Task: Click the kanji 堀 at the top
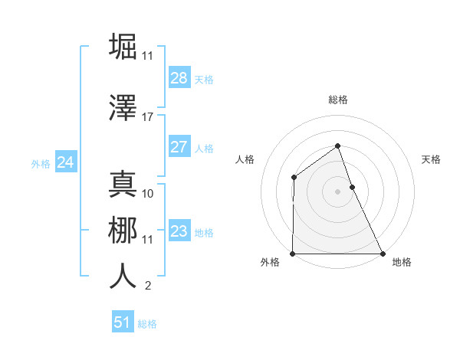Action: click(x=123, y=46)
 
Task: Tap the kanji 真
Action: click(x=123, y=185)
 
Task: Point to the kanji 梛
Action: click(x=123, y=231)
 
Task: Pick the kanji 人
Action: click(x=123, y=277)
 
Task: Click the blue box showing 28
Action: click(x=179, y=78)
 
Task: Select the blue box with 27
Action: click(x=179, y=147)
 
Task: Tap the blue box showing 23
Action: click(x=179, y=231)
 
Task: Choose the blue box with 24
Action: click(x=66, y=162)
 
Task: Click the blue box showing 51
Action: click(x=123, y=322)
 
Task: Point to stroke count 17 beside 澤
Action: click(x=147, y=117)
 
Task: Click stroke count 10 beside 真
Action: click(x=148, y=194)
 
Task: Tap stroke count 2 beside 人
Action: click(x=148, y=286)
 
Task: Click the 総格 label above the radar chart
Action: click(x=338, y=100)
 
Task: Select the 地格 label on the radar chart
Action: click(x=402, y=263)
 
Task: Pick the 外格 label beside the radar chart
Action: click(x=270, y=263)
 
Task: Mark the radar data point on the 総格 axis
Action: click(x=338, y=146)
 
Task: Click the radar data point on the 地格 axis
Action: click(x=383, y=254)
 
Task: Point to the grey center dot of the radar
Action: click(x=338, y=191)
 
